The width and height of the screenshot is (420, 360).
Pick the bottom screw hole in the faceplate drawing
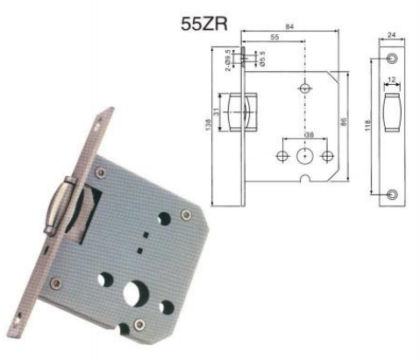[x=391, y=193]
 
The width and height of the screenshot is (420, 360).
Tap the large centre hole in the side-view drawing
[x=304, y=156]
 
